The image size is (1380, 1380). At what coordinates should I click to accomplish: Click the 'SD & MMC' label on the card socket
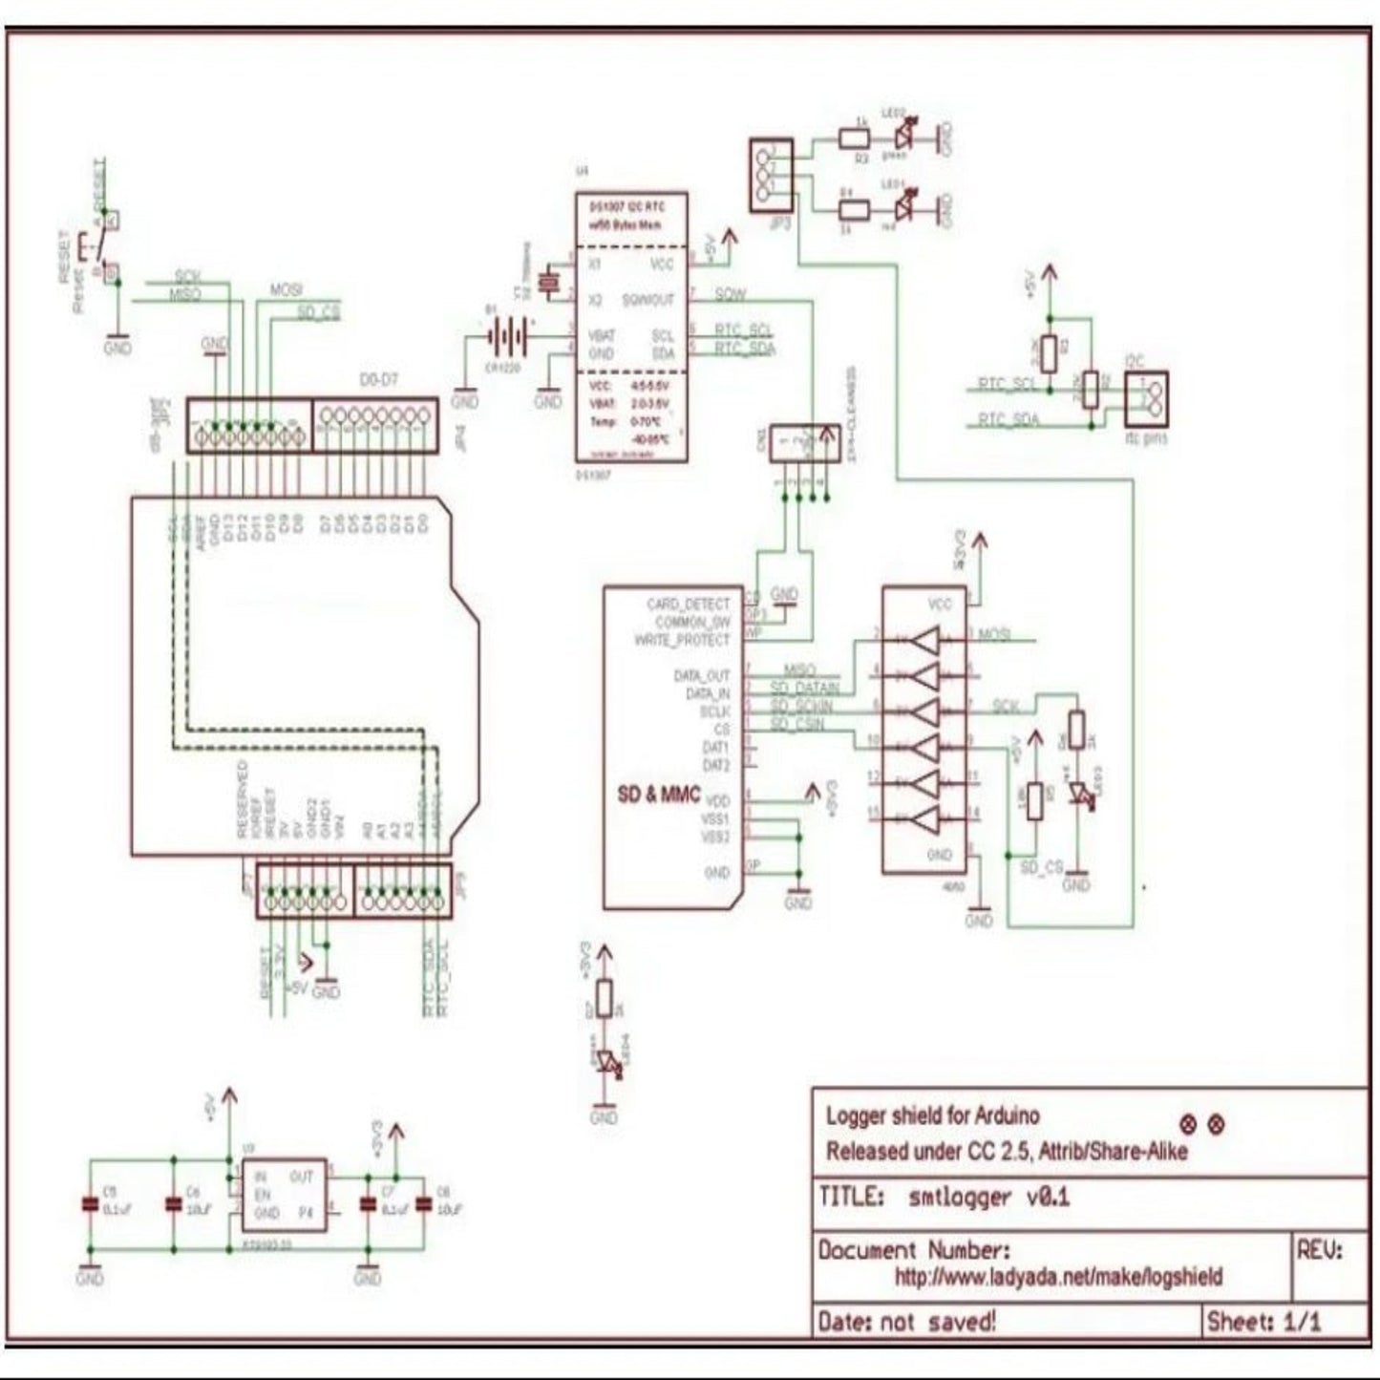659,795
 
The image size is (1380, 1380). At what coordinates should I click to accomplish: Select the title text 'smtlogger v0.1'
987,1197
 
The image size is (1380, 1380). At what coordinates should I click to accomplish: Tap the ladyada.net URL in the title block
1058,1276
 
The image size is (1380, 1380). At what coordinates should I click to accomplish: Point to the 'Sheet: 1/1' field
1263,1322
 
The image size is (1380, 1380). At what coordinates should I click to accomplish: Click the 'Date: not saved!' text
906,1322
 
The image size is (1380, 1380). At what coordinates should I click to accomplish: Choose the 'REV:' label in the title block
1319,1250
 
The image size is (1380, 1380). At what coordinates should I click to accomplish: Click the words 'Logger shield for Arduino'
932,1115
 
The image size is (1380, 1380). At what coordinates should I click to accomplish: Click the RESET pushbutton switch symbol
100,246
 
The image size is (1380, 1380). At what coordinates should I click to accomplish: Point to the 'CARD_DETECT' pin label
688,604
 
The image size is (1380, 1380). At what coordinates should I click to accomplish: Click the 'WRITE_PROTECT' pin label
682,640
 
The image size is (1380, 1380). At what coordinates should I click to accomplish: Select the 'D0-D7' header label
378,380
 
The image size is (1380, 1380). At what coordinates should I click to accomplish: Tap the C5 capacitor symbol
92,1205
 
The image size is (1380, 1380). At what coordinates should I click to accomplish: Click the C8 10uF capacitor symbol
424,1205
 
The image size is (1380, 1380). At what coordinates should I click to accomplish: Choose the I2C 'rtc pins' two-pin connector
1146,398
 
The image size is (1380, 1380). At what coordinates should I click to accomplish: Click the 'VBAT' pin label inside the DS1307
601,336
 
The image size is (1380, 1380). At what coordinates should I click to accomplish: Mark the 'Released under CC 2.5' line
1007,1151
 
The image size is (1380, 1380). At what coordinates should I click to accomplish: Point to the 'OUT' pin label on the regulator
301,1178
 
